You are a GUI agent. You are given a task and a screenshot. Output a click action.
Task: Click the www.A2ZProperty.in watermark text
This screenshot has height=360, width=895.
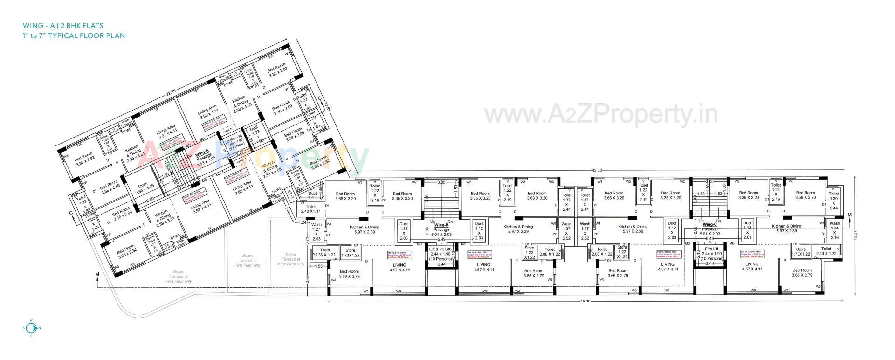[601, 113]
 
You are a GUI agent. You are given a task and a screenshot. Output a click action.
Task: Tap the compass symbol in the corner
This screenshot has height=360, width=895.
[31, 328]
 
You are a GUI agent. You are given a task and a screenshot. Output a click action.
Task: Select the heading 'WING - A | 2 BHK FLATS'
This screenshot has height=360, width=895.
[62, 25]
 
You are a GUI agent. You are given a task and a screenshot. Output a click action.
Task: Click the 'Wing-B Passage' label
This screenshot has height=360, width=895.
[441, 228]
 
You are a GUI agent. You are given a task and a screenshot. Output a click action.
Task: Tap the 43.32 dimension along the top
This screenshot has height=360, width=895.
[597, 171]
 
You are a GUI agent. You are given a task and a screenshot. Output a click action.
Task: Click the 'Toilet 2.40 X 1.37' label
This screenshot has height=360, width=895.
[311, 209]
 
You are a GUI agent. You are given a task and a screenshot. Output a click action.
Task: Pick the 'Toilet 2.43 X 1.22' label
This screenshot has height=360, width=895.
[826, 251]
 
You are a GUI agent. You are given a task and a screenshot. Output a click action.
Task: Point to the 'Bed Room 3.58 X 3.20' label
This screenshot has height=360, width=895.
[805, 195]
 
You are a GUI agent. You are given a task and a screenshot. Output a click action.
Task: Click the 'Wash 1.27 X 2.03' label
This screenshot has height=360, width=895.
[317, 231]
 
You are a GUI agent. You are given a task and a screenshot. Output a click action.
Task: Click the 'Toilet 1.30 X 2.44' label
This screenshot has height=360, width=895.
[834, 201]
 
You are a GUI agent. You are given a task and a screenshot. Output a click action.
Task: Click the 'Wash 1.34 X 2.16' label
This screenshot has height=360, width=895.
[834, 230]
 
